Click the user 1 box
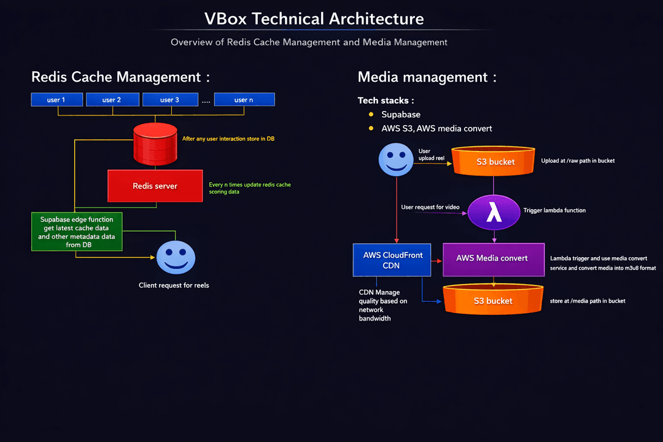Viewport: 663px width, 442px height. click(56, 99)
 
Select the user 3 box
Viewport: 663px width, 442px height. click(170, 99)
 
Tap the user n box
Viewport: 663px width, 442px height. click(244, 99)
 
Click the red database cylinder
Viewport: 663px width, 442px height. click(155, 144)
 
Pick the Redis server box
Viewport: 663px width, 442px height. click(155, 186)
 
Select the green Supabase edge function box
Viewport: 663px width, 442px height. click(77, 231)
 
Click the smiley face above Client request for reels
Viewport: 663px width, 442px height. click(176, 258)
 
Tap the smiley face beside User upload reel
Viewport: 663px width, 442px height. click(396, 159)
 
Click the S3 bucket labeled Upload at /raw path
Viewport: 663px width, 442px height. click(494, 161)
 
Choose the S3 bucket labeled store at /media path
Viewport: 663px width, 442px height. click(494, 300)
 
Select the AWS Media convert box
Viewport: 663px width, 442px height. click(494, 258)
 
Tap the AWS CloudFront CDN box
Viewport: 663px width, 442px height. click(393, 260)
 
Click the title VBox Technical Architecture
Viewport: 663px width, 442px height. click(314, 19)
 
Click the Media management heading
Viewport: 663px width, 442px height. click(427, 77)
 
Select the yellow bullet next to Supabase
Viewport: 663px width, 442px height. click(371, 115)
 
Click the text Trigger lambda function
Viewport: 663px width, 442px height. click(554, 211)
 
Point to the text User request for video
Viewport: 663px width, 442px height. click(430, 207)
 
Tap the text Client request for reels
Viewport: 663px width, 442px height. click(174, 285)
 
